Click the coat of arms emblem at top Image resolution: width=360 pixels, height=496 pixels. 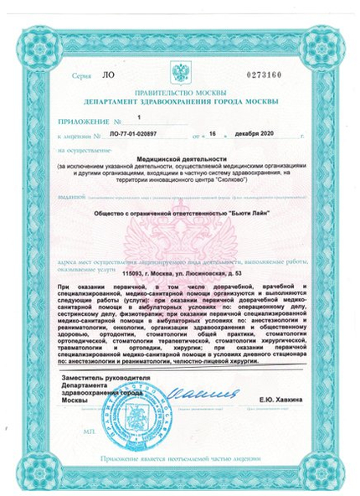(x=182, y=67)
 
